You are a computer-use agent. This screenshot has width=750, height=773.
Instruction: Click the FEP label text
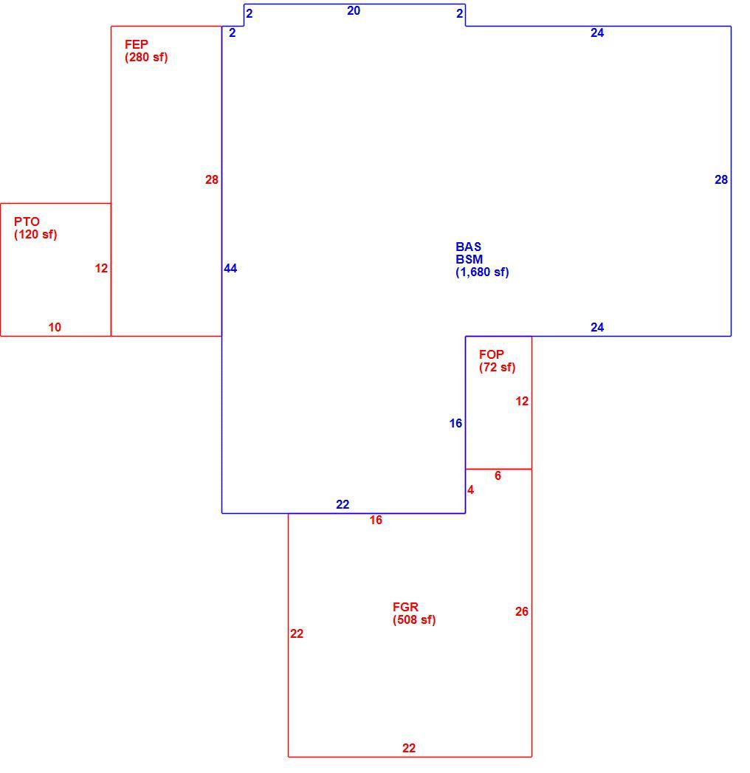coord(136,44)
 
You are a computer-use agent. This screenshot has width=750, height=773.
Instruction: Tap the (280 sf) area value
coord(146,57)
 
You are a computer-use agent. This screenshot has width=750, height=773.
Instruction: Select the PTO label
coord(27,221)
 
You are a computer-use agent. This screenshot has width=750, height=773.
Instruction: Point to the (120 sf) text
coord(35,235)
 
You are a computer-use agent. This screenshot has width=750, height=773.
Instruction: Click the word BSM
coord(469,259)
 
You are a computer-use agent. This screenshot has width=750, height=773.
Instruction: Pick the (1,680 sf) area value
coord(482,272)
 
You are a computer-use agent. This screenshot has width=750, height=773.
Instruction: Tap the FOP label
coord(492,354)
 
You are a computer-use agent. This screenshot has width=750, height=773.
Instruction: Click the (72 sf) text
coord(498,367)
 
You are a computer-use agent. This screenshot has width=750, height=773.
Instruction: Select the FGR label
coord(405,607)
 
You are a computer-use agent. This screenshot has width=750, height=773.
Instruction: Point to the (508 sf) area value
coord(414,619)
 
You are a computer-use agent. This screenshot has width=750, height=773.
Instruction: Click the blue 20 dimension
coord(354,11)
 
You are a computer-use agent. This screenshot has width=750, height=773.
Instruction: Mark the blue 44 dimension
coord(230,268)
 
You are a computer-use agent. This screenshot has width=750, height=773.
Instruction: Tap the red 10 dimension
coord(55,327)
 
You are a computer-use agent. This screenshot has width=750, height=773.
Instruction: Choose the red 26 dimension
coord(522,612)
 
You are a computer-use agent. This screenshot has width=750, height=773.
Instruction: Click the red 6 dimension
coord(498,475)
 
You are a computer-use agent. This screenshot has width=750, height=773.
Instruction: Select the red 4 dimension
coord(471,490)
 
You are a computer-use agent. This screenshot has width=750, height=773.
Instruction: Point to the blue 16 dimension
coord(455,424)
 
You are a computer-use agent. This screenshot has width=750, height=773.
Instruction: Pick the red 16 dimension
coord(376,520)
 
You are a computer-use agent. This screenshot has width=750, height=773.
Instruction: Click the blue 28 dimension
coord(721,180)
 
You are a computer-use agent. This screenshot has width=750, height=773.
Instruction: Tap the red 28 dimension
coord(211,180)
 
